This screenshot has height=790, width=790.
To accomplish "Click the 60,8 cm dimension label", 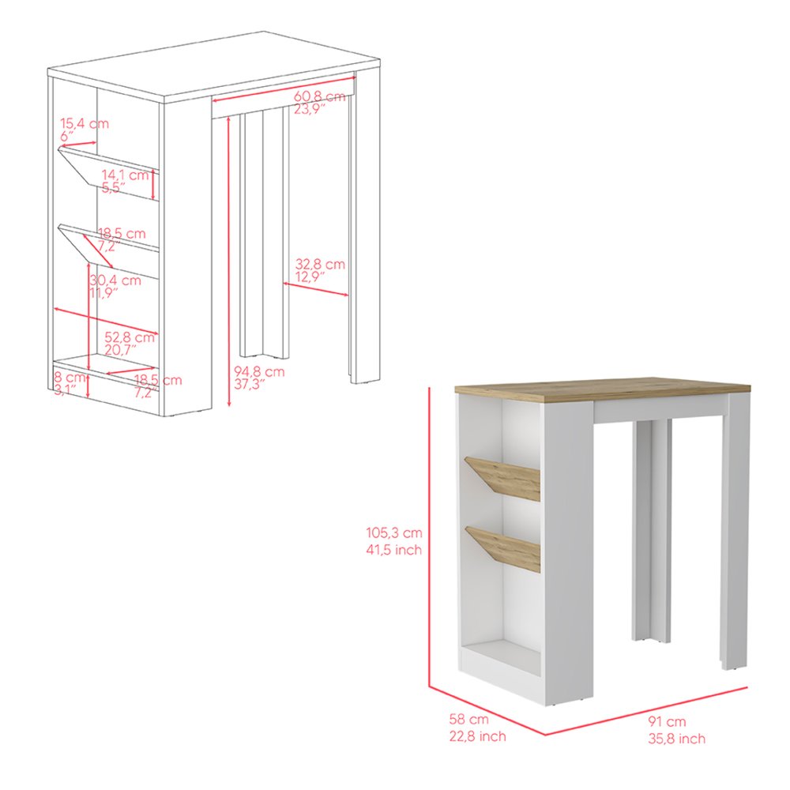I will point(320,96).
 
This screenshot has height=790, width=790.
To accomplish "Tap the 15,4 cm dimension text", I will point(85,123).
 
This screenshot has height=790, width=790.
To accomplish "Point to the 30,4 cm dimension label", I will point(115,280).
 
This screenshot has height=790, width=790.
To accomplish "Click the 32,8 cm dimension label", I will point(320,265).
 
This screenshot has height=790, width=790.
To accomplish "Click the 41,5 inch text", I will point(393,550).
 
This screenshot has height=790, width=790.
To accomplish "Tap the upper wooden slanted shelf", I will point(504,477).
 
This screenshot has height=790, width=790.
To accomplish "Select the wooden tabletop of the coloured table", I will point(600,389).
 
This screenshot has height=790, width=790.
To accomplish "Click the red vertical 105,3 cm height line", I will point(429,537).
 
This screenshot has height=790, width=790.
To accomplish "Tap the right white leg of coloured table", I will point(735,529).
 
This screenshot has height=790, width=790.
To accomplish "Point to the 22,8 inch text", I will point(472,736).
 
